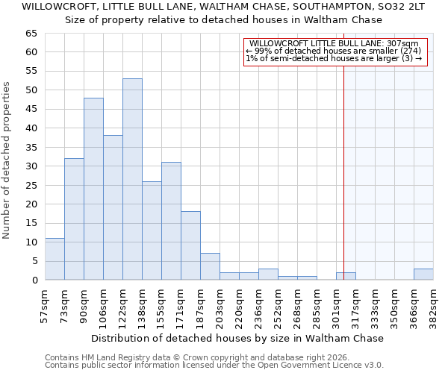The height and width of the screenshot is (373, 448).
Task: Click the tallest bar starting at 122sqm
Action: coord(132,179)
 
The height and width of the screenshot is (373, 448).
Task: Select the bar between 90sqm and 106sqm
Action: coord(93,189)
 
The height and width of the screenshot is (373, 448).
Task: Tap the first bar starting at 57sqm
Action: coord(55,259)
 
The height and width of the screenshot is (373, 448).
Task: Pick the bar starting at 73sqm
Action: coord(74,219)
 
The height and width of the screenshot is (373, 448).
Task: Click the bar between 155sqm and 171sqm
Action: coord(171,221)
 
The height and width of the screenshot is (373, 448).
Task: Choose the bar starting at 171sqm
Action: coord(190,245)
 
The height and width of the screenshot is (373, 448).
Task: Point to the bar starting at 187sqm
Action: coord(210,266)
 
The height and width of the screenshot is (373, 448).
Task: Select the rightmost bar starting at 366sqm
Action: coord(423,274)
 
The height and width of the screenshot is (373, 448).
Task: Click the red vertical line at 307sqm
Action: coord(343,164)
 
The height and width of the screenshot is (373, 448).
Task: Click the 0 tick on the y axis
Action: coord(34,280)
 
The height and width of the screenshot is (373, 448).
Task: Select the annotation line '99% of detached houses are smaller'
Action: coord(334,51)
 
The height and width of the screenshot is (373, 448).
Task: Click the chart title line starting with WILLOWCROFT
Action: coord(223,7)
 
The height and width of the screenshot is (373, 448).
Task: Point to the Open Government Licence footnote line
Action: coord(214,365)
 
